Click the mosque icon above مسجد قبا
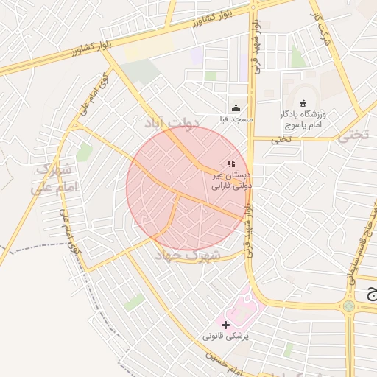pos(235,108)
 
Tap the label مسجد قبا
pos(236,119)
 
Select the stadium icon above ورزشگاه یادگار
pos(303,103)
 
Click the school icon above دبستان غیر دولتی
pos(231,163)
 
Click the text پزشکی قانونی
pos(227,336)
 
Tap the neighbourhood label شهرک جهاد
pos(188,255)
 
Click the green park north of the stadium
pos(297,57)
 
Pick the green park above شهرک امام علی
pos(85,152)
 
